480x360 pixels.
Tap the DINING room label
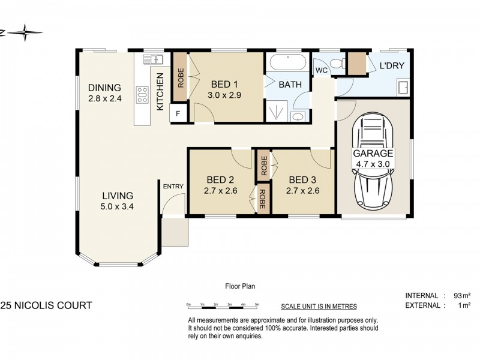tap(105, 88)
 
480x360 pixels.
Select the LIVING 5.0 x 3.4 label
tap(117, 196)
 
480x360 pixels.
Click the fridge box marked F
tap(178, 113)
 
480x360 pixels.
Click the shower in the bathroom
tap(277, 110)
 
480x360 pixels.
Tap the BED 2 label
tap(220, 179)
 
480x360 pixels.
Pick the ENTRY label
tap(173, 187)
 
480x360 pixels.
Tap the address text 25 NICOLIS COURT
tap(46, 305)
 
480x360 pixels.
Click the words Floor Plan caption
tap(240, 287)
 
